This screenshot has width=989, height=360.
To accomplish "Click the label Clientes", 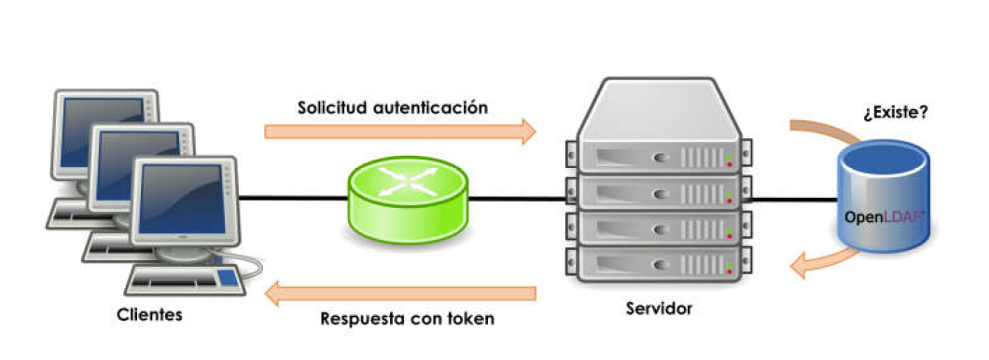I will [x=149, y=315].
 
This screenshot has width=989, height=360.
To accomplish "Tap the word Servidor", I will [x=660, y=307].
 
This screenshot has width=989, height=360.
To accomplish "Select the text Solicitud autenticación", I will [x=393, y=106].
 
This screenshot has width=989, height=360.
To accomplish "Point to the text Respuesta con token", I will [x=407, y=318].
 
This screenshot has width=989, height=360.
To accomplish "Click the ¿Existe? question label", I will [x=896, y=114].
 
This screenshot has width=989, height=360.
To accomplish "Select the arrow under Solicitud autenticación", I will [x=400, y=131].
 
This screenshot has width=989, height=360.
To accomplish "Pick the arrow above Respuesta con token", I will [x=400, y=294].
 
